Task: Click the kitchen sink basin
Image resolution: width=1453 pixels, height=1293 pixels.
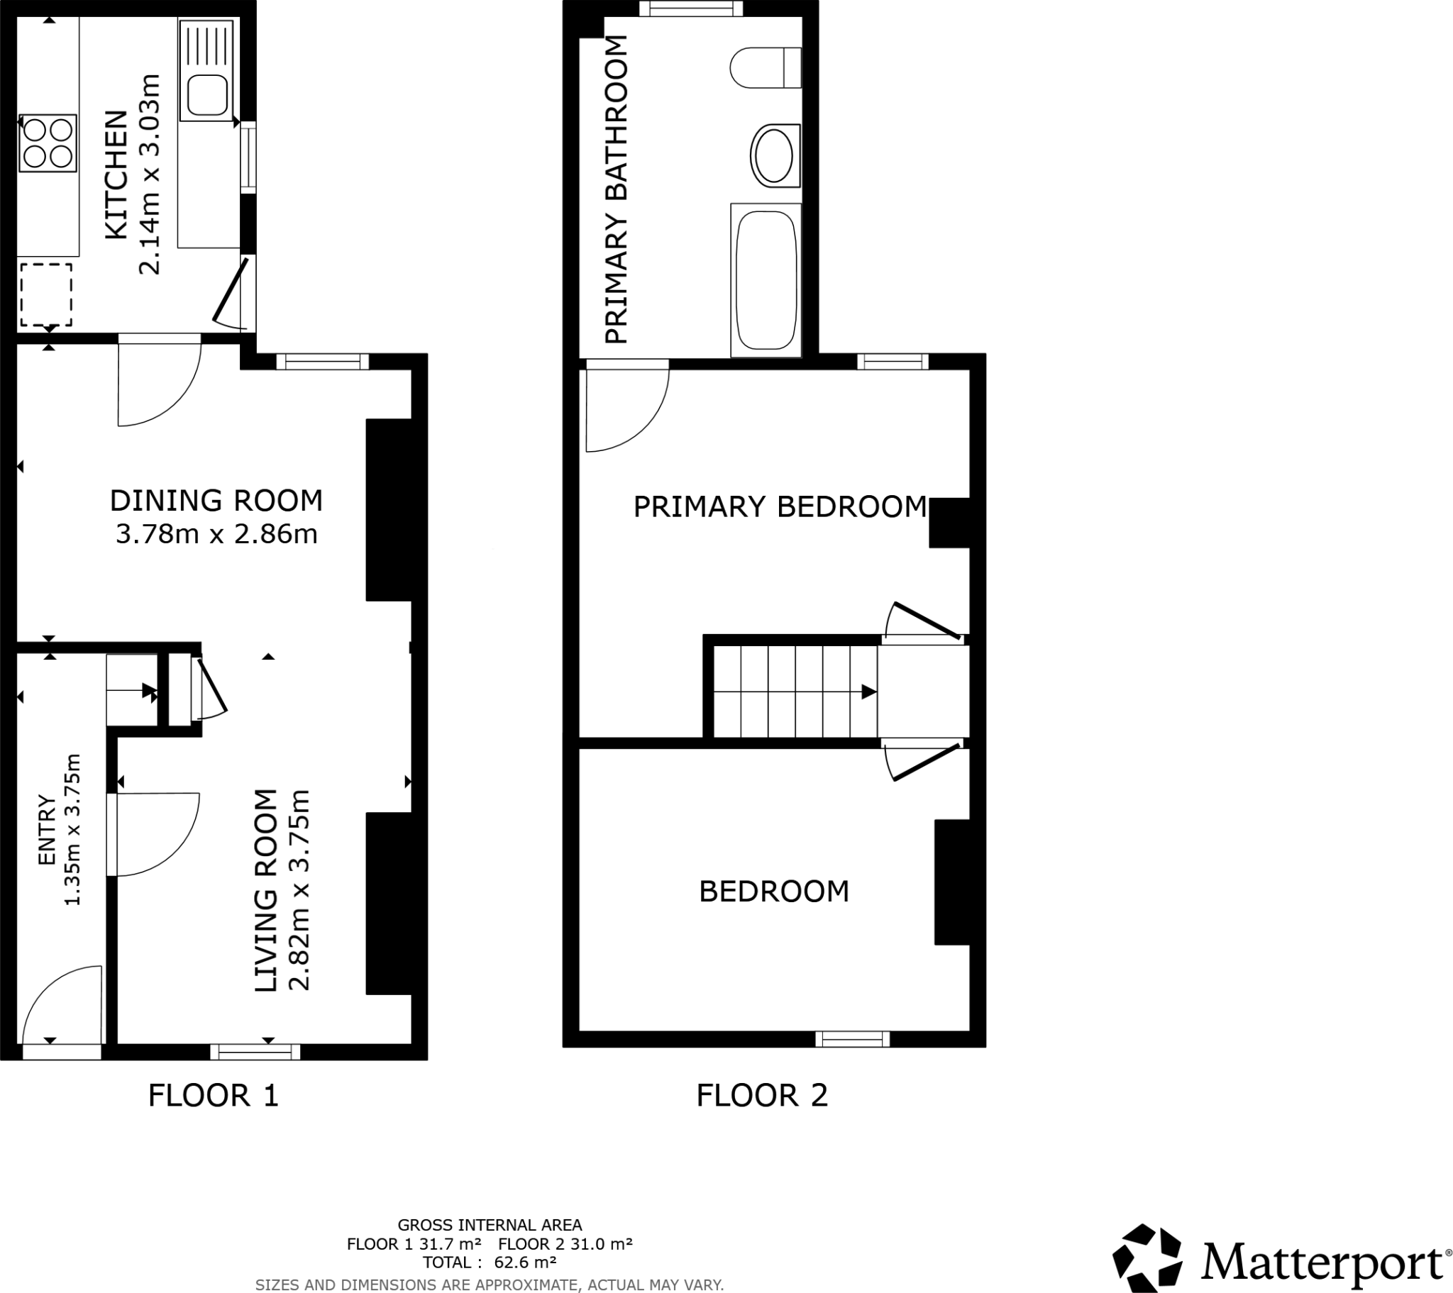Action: [207, 94]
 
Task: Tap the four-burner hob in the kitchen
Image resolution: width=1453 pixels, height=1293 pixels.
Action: [47, 143]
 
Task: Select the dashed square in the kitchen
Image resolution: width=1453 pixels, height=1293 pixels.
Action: [45, 295]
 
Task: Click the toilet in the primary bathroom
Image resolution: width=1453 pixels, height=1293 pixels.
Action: [765, 67]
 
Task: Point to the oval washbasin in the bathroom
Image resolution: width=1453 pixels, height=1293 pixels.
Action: [774, 155]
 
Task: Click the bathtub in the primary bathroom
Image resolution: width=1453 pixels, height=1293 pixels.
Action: [766, 280]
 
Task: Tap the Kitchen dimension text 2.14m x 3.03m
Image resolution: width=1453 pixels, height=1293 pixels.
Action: [150, 174]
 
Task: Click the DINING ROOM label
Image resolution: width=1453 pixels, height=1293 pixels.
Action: [216, 501]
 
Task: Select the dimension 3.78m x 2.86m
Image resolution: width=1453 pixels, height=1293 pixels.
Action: [216, 535]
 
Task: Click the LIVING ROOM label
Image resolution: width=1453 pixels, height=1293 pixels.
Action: [265, 891]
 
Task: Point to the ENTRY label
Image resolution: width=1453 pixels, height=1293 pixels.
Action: [47, 831]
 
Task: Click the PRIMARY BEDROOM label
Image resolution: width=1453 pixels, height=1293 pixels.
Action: [780, 508]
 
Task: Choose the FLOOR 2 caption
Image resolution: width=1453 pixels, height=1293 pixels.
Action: [762, 1095]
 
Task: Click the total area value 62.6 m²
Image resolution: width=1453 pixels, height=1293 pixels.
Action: [524, 1263]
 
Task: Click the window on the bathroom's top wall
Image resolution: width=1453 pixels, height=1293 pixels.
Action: [691, 9]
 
